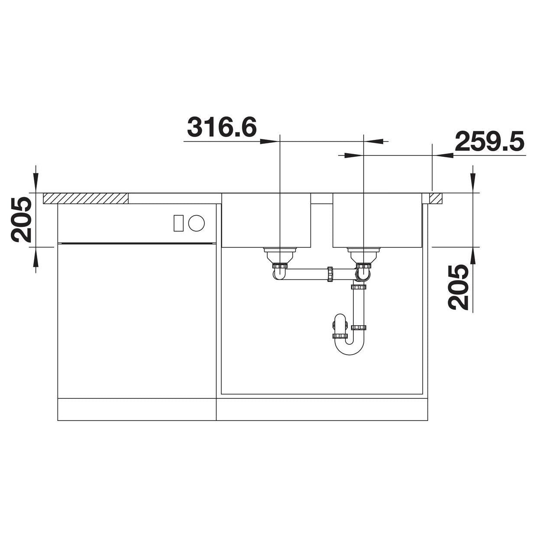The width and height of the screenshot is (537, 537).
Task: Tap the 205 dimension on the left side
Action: click(21, 220)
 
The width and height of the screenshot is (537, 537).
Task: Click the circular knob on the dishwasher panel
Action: click(197, 223)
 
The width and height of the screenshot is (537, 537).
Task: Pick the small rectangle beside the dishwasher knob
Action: click(178, 223)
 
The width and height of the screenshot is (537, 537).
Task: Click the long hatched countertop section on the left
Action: click(86, 198)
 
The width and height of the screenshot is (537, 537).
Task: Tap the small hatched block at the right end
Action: click(436, 198)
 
